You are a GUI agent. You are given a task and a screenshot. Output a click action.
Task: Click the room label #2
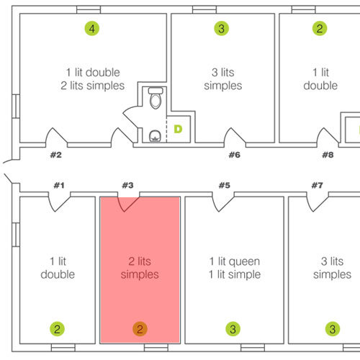56,155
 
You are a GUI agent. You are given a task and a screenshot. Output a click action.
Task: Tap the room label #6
235,155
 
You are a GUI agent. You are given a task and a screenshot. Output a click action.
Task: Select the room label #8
328,155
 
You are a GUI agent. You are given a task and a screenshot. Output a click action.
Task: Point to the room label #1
59,185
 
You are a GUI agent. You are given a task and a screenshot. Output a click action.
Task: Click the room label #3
127,185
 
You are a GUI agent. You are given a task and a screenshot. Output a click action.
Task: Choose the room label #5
225,185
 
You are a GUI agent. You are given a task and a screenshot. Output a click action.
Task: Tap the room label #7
318,185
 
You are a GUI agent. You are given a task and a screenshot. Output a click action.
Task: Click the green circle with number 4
92,28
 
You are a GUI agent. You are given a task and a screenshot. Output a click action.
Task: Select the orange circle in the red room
140,329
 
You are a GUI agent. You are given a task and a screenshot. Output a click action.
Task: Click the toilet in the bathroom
156,98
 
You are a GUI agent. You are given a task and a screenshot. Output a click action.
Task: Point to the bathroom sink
155,136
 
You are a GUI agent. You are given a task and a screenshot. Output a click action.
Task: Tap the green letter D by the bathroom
178,129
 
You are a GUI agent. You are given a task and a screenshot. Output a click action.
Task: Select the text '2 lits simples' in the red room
140,268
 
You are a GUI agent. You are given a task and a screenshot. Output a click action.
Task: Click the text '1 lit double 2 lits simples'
93,79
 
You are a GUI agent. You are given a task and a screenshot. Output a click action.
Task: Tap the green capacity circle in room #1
57,329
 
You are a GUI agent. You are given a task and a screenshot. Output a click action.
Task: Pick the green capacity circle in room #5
233,329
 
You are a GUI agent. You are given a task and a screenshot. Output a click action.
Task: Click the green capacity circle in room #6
221,28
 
